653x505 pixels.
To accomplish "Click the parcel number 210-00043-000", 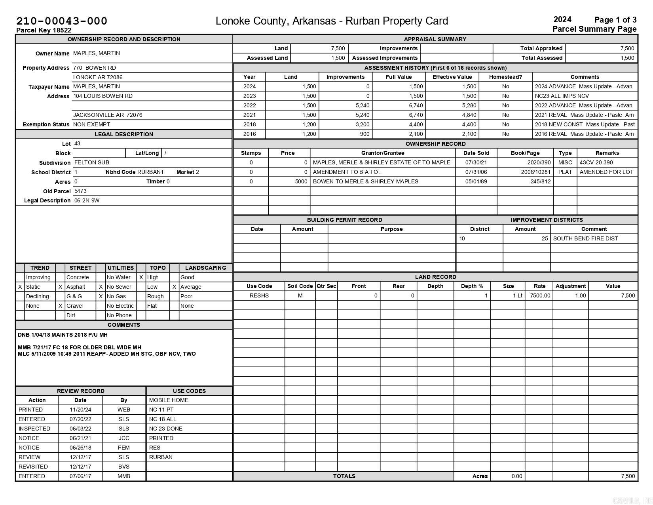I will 62,21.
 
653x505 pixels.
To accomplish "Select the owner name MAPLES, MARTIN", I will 97,53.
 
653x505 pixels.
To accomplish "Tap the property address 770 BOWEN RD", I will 95,68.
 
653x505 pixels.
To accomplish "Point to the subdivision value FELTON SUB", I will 92,162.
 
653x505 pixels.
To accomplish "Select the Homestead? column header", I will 505,77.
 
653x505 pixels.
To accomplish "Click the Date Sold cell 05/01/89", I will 476,181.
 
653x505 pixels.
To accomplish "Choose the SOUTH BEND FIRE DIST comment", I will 585,238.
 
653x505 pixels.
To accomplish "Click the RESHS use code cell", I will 259,295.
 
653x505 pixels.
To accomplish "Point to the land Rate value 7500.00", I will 540,295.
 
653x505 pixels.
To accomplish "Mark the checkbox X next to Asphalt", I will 60,287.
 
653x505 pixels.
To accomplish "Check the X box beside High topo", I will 141,277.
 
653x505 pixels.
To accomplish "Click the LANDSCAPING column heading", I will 205,268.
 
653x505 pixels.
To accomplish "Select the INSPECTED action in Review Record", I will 34,429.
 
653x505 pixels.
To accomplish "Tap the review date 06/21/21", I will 80,438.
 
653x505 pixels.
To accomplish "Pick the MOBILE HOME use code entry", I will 169,400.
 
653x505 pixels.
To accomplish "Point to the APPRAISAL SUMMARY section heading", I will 435,39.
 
